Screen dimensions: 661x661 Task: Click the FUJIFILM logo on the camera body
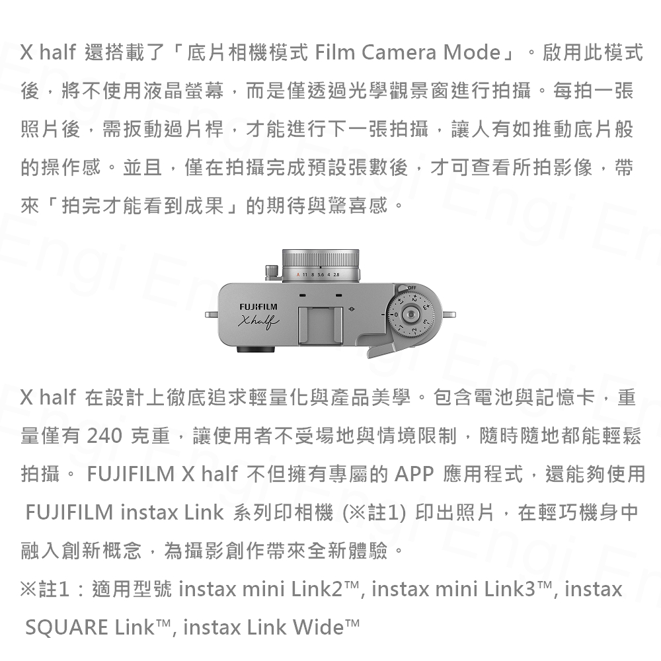(258, 307)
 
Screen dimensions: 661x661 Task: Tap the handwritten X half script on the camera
(258, 321)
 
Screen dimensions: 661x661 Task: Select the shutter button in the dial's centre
(410, 315)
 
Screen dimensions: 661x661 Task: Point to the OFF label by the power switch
(412, 288)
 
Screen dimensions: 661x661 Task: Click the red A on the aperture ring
(297, 275)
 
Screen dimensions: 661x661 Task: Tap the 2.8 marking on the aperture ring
(336, 275)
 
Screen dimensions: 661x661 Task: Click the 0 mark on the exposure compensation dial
(396, 315)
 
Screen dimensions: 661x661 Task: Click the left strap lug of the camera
(212, 315)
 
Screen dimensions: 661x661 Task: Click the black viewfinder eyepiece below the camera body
(255, 350)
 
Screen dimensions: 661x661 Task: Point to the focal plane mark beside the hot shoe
(352, 309)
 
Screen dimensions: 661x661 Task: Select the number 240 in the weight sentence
(104, 436)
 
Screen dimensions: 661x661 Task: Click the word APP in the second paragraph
(414, 474)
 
